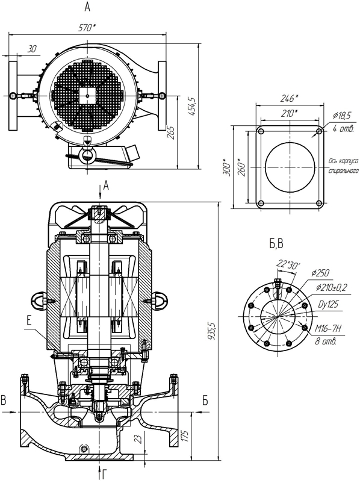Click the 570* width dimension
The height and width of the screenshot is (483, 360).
point(87,28)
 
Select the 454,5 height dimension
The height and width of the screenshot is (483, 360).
point(192,106)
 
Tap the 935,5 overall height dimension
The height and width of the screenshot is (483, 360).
point(212,331)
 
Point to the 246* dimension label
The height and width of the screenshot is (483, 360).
point(289,99)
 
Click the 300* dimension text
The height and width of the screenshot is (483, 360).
point(227,167)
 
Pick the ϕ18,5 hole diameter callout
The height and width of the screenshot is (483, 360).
point(342,116)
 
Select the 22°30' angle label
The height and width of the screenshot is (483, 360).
point(288,264)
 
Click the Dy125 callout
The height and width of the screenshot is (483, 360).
point(328,304)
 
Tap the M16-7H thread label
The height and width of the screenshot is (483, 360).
point(328,329)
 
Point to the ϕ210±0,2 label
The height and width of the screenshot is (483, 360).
point(332,287)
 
